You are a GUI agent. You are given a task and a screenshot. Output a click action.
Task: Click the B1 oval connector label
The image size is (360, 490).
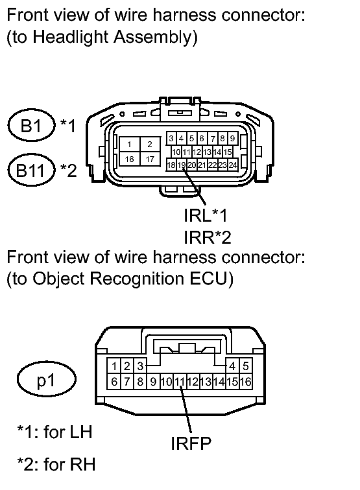[31, 125]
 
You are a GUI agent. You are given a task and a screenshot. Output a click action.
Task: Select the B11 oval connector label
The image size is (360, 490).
[31, 170]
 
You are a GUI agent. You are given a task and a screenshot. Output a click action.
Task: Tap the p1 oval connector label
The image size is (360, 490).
[46, 379]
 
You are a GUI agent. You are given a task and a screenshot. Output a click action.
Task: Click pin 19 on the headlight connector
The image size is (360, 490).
[182, 165]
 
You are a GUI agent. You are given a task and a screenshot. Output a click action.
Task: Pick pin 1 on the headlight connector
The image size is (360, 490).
[130, 145]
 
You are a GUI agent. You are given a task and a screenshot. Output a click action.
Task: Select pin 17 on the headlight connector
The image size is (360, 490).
[150, 159]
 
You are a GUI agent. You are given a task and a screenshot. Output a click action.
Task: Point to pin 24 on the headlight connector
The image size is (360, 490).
[232, 165]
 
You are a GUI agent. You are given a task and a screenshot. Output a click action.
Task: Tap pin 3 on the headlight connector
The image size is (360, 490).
[171, 138]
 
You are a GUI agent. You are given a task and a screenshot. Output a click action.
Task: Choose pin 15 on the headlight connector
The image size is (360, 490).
[228, 152]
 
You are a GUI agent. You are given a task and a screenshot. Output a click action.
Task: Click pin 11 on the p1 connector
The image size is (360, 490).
[180, 382]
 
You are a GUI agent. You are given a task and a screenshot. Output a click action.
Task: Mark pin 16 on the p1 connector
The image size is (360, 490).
[246, 382]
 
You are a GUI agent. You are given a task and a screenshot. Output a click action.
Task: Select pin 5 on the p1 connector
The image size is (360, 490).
[246, 366]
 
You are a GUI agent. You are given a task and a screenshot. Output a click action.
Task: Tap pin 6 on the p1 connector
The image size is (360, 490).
[114, 382]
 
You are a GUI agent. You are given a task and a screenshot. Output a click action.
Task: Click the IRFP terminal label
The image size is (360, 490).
[191, 443]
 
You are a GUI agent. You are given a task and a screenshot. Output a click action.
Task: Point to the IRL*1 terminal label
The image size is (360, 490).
[206, 215]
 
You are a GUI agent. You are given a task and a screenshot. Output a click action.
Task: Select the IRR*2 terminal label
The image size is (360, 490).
[208, 237]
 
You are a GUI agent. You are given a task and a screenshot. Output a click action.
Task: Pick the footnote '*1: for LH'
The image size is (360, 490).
[54, 432]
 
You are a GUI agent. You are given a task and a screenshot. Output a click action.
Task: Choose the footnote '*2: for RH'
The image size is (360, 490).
[56, 464]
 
